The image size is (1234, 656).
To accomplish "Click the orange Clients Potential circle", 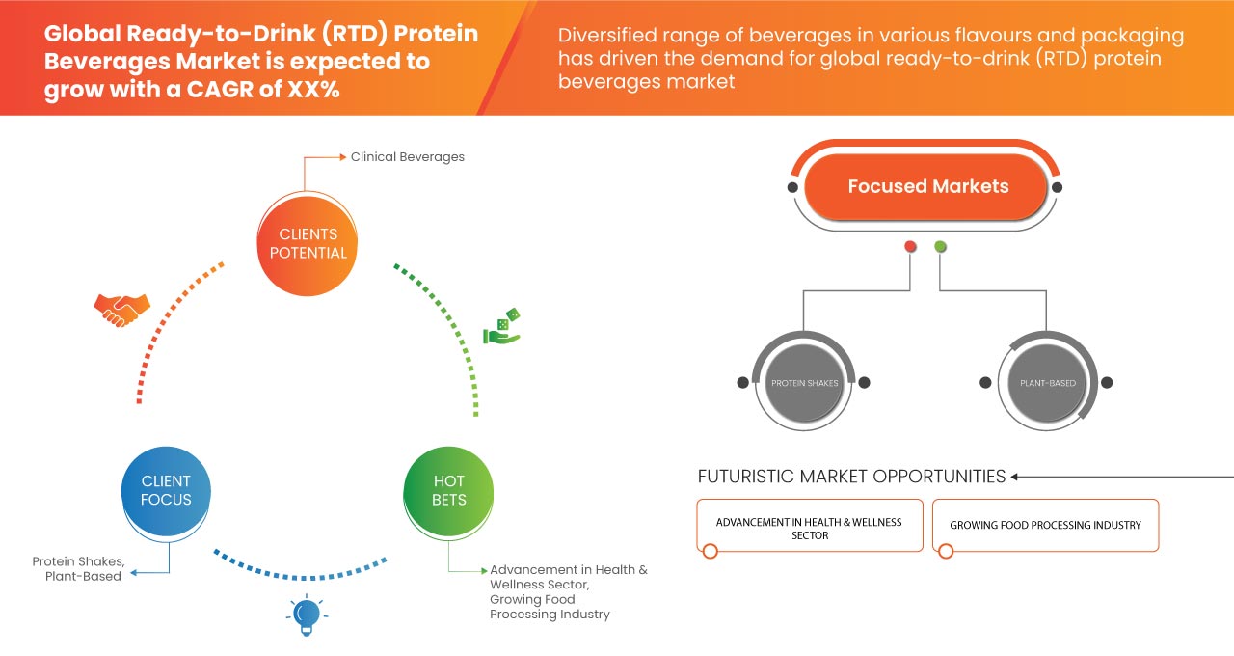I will click(x=308, y=243).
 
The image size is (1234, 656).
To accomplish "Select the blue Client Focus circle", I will click(x=166, y=490).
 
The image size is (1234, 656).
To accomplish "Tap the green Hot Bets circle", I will click(x=448, y=490).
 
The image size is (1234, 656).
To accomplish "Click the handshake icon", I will click(x=121, y=310).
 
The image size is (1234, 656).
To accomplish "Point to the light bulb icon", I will click(x=306, y=615).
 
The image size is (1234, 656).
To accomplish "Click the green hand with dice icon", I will click(x=501, y=328).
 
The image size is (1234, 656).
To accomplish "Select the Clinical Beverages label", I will click(x=407, y=156).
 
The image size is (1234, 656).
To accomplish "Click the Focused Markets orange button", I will click(x=927, y=187).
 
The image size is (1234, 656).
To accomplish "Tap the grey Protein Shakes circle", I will click(x=804, y=383).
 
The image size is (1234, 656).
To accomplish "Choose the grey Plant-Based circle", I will click(x=1047, y=383).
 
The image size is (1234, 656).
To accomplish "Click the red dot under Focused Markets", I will click(x=910, y=247).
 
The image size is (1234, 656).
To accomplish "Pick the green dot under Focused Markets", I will click(x=940, y=247).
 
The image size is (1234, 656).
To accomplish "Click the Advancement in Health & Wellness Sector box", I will click(x=809, y=527).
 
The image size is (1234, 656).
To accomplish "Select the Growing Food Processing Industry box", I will click(x=1045, y=525).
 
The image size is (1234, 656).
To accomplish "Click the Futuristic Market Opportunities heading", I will click(x=851, y=477).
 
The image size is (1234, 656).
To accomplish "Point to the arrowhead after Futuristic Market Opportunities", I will click(x=1015, y=477).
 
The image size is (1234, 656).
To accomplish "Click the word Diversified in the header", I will click(x=604, y=37).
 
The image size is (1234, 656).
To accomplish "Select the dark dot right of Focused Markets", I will click(x=1057, y=187).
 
